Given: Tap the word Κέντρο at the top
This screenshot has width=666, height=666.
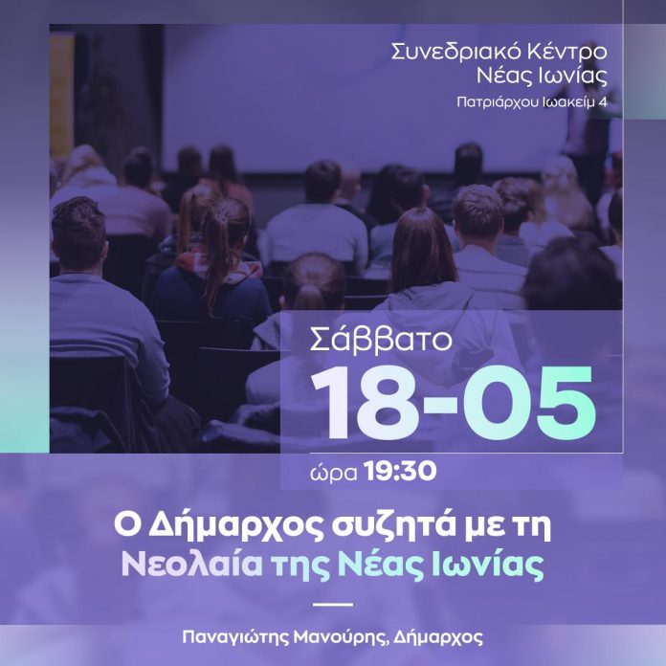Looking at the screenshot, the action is [x=567, y=52].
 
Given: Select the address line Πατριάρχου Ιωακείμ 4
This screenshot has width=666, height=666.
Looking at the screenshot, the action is [x=532, y=102].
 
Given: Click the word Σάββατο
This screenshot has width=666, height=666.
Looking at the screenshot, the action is [x=381, y=340].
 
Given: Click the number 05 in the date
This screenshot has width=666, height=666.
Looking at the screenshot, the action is [x=529, y=402].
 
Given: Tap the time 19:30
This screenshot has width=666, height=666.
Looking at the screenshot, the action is [x=400, y=471].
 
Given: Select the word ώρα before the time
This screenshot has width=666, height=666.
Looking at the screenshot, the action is [x=333, y=473].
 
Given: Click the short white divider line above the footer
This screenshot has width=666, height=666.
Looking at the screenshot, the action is [x=333, y=605].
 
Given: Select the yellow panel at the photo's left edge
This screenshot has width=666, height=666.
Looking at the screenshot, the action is [x=61, y=91].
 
